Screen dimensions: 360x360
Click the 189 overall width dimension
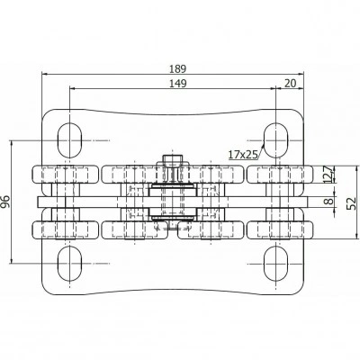(x=177, y=68)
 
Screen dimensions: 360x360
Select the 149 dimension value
(x=177, y=84)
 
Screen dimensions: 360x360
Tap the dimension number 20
(x=290, y=84)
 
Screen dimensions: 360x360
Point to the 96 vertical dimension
(x=4, y=201)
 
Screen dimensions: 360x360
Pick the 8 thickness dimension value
(x=329, y=201)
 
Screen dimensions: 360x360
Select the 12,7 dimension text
(x=328, y=175)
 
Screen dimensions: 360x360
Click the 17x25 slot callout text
(x=243, y=155)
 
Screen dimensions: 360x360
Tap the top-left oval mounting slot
(x=70, y=140)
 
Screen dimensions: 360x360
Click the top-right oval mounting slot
(x=276, y=140)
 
